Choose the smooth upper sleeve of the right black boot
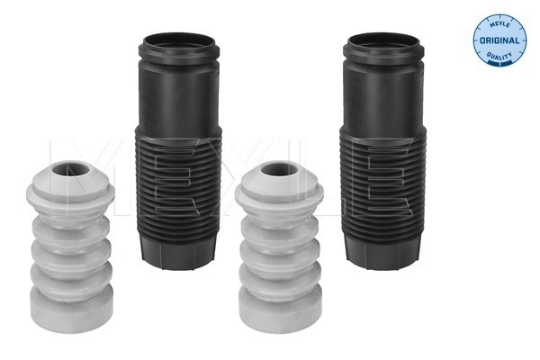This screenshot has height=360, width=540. [380, 94]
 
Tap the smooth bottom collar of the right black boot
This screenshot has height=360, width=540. [381, 252]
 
